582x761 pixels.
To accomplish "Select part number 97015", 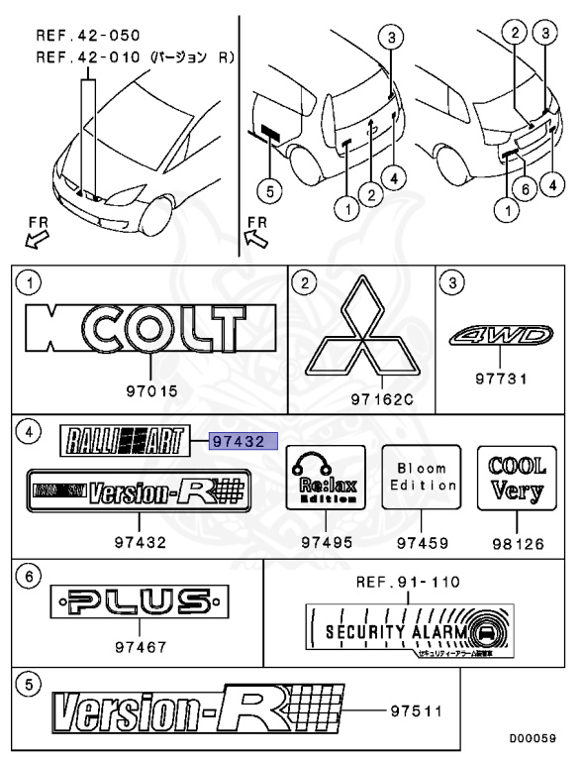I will [x=152, y=391].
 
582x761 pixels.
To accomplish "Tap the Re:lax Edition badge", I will [x=325, y=478].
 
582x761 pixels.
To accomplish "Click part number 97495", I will [x=325, y=542].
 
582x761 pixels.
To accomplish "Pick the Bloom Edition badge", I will [x=423, y=478].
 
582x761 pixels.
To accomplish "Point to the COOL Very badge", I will [x=517, y=478].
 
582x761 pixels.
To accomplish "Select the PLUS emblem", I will [x=139, y=601].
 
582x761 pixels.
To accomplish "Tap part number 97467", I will [x=139, y=647].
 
